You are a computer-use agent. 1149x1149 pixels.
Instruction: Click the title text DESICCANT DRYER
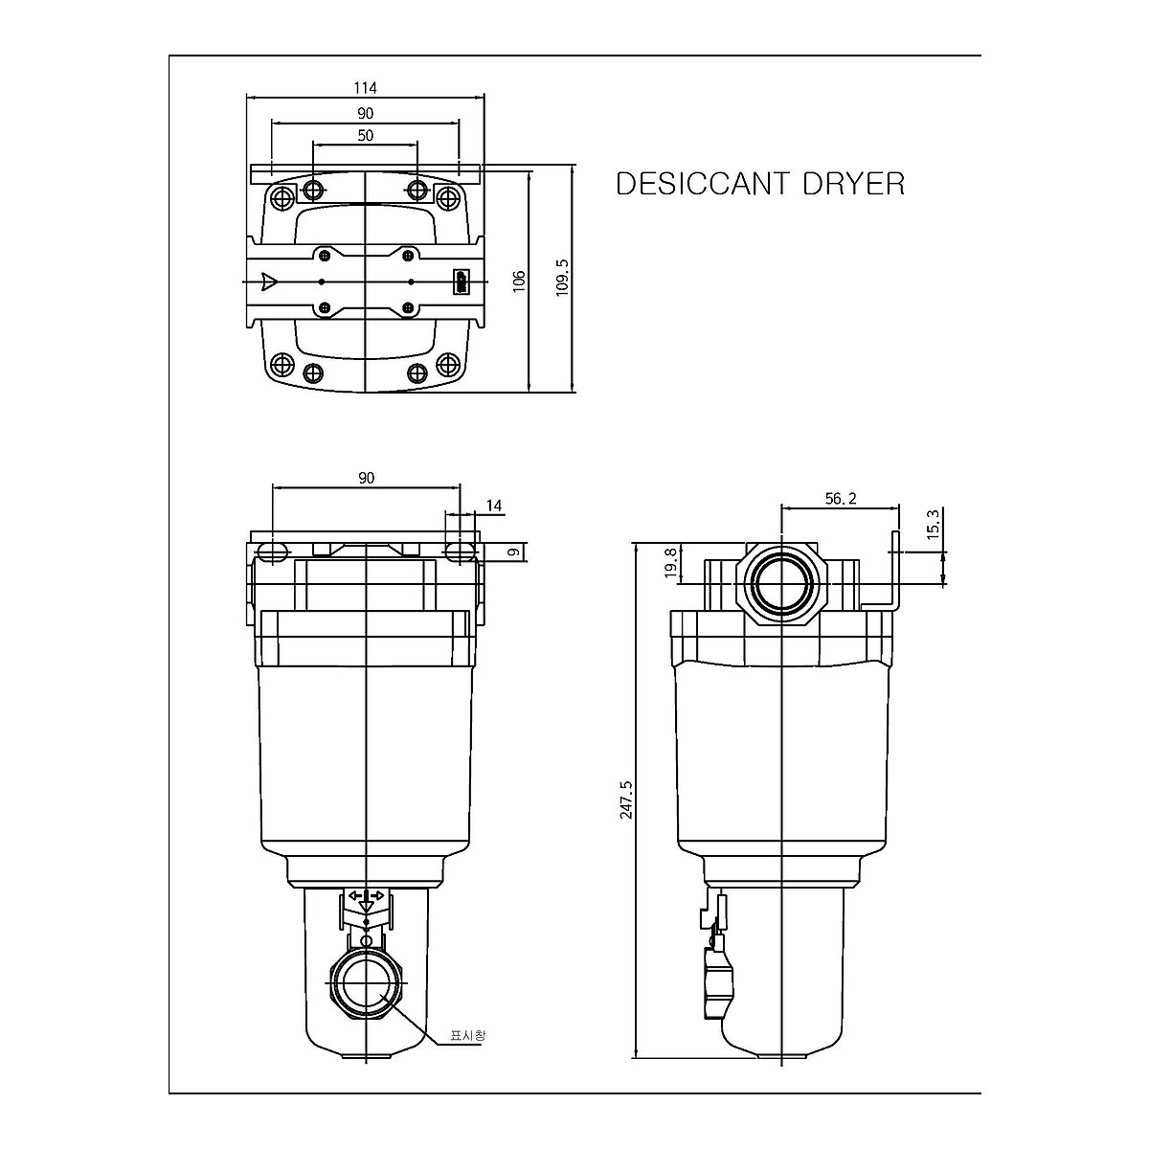point(759,184)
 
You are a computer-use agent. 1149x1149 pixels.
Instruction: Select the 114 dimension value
point(365,88)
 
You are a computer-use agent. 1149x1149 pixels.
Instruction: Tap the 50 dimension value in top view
point(365,136)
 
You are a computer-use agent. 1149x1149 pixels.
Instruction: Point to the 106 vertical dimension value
point(519,281)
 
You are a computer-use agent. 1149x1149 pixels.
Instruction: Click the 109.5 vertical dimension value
point(563,277)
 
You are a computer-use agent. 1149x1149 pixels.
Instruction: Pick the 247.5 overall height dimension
point(626,800)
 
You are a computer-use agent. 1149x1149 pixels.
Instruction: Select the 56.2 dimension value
point(840,498)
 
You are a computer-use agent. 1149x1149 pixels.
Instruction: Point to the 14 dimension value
point(494,506)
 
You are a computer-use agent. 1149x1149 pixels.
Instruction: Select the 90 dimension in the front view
point(366,478)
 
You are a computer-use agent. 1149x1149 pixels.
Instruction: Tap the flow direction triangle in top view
point(269,282)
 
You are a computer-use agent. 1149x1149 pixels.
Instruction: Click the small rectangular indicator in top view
point(462,282)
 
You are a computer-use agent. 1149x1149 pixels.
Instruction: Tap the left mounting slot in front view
point(272,552)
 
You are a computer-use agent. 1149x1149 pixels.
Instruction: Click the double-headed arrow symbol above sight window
point(367,895)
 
